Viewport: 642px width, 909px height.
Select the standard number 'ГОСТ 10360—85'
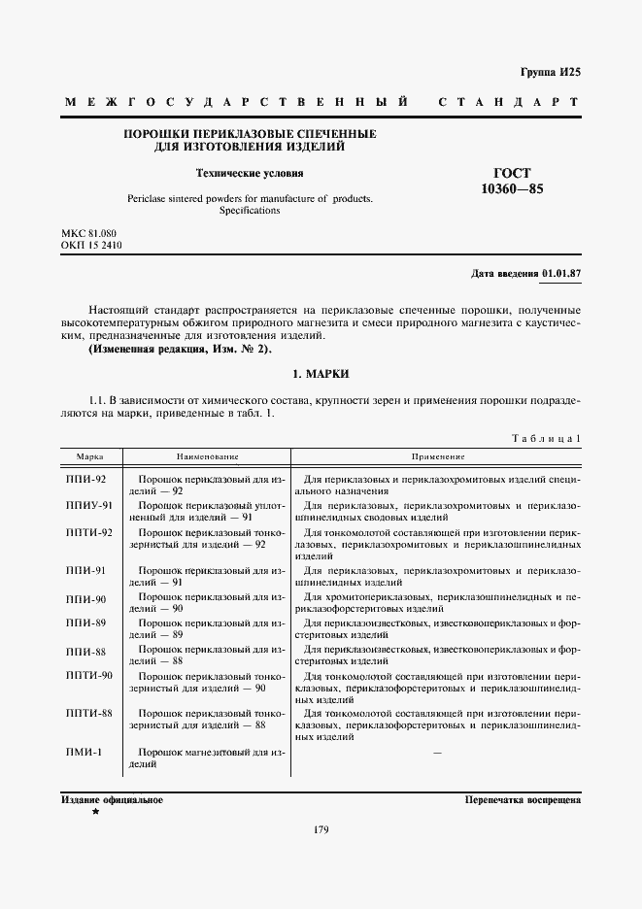(512, 181)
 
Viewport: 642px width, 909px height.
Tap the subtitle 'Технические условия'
(250, 174)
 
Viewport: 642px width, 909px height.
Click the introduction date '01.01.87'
(560, 273)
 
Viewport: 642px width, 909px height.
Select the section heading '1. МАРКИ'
(320, 374)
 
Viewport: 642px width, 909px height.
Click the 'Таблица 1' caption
(546, 439)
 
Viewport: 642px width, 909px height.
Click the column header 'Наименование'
(207, 455)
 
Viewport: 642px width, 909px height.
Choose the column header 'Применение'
(437, 455)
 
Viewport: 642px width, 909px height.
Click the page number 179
(320, 829)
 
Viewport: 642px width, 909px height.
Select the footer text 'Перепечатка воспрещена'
(523, 800)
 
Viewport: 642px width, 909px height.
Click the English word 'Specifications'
(250, 210)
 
